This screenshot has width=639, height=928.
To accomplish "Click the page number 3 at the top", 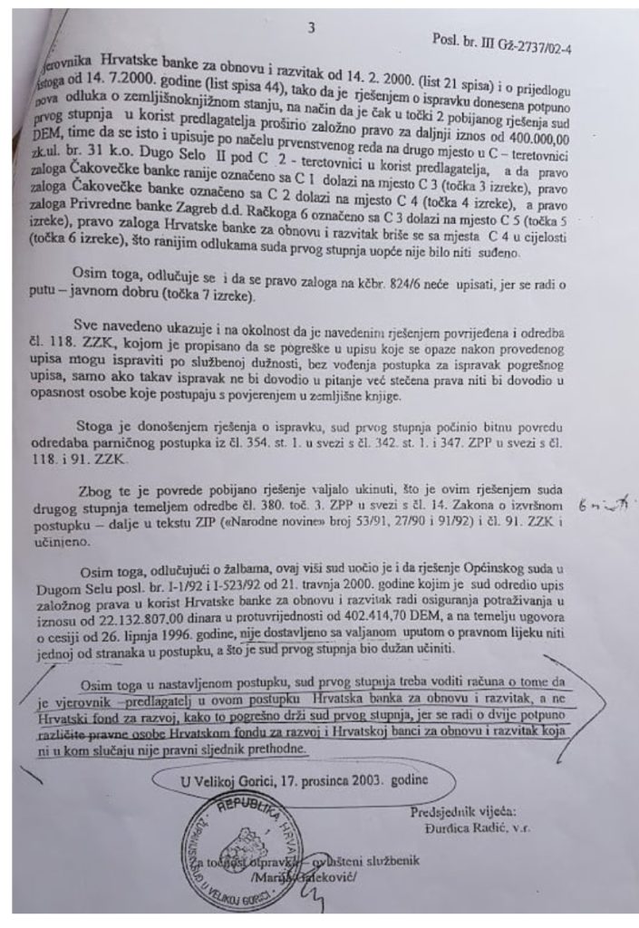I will pos(311,29).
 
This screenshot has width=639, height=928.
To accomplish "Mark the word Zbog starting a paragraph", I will pos(95,490).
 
